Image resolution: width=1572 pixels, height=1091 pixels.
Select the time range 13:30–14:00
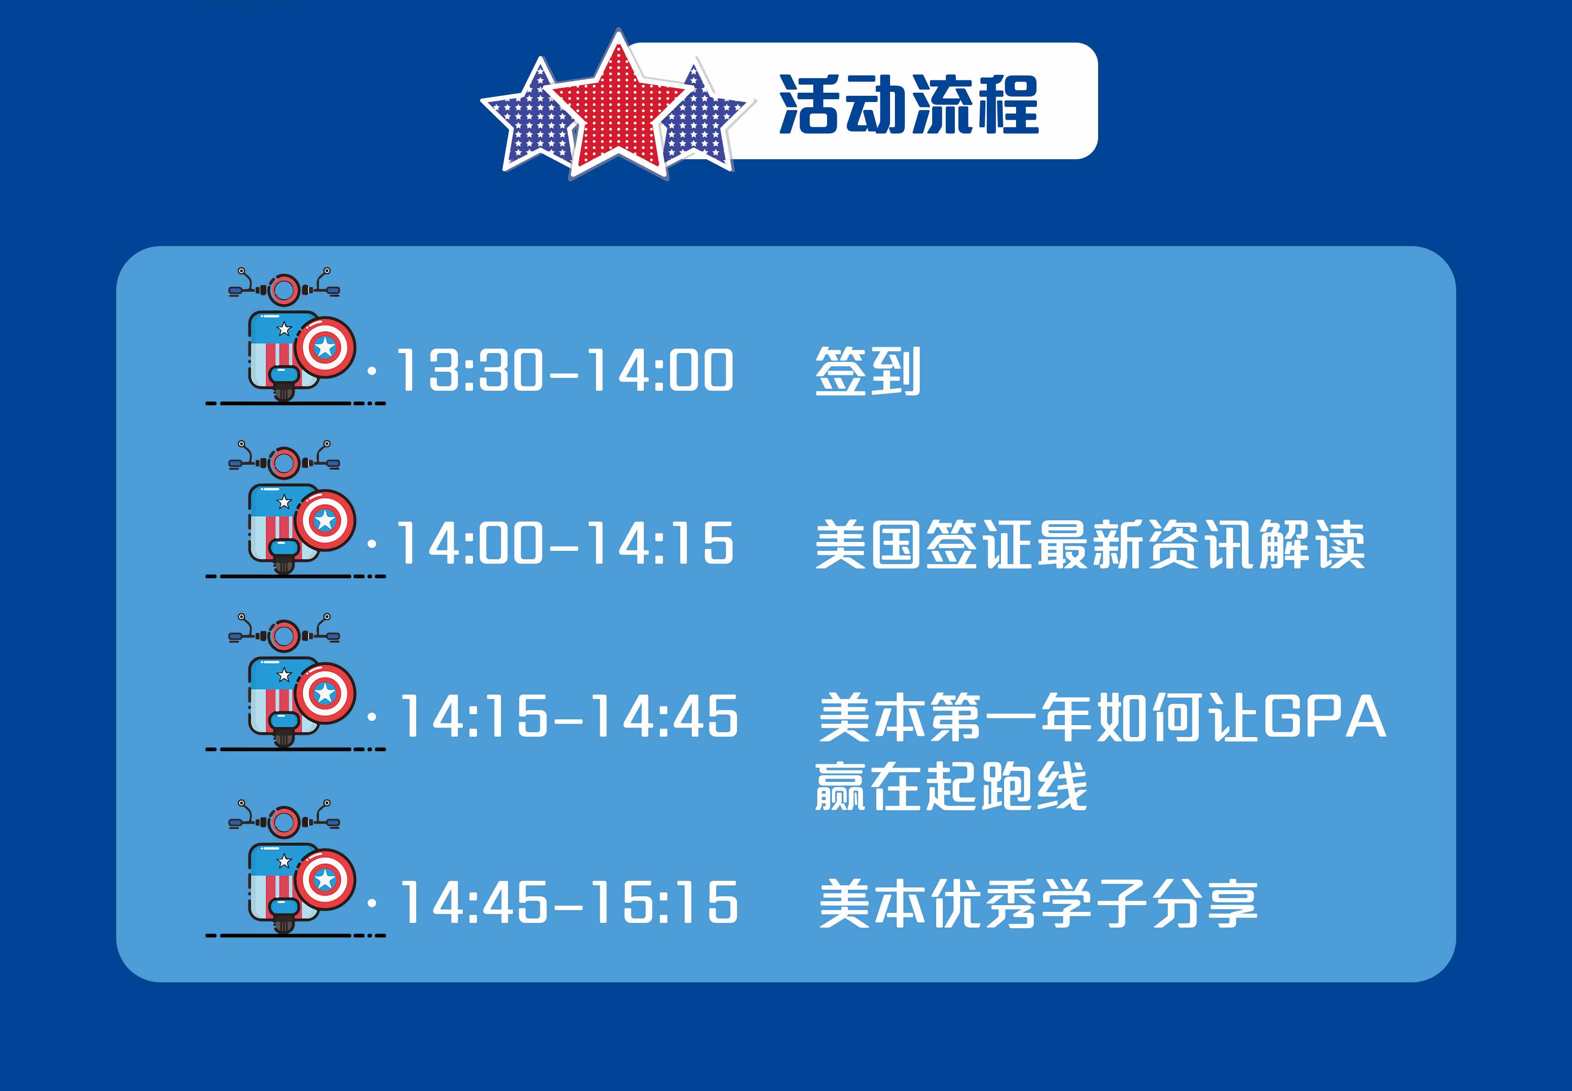point(565,370)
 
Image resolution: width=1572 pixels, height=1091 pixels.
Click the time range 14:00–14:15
point(565,543)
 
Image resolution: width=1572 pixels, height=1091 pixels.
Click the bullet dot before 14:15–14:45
point(372,716)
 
